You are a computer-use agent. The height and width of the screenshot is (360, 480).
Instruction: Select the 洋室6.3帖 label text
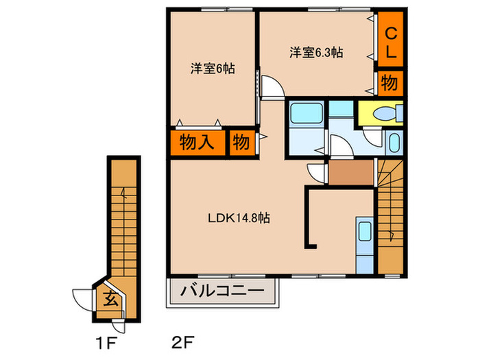point(316,51)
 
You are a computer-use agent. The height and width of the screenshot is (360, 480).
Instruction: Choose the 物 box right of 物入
point(240,143)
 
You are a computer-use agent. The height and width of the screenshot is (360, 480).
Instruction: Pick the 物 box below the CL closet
point(388,84)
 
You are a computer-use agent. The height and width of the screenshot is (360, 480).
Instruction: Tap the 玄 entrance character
point(111,298)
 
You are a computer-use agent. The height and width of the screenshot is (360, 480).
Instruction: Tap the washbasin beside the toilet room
point(394,143)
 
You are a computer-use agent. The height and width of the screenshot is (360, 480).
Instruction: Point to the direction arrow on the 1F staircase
point(123,194)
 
